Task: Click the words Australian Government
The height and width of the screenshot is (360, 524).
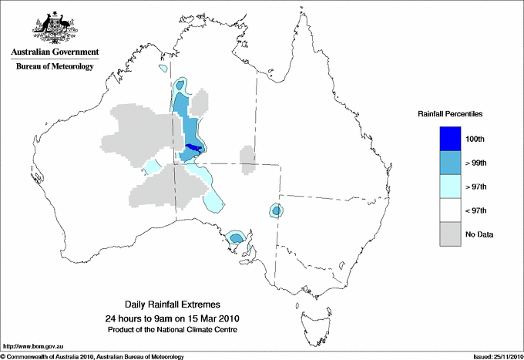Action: (x=54, y=52)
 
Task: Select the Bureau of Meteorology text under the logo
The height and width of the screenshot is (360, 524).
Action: (x=54, y=66)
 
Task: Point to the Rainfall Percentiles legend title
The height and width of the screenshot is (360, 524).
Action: (x=450, y=114)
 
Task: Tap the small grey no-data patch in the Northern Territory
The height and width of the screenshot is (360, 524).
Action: (x=247, y=160)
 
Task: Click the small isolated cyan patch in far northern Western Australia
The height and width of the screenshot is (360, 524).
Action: (x=162, y=69)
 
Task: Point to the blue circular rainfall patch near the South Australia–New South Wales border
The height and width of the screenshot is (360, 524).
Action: (x=275, y=210)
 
